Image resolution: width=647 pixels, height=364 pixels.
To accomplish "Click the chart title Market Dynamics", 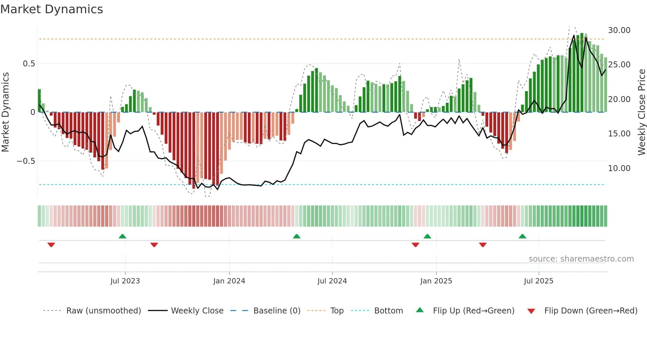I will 52,9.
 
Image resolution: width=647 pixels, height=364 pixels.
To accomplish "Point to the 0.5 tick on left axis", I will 29,63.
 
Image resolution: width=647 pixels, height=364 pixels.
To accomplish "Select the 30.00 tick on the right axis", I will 619,30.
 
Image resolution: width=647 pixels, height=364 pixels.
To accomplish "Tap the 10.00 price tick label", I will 619,168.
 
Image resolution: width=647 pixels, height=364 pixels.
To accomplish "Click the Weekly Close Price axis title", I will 641,112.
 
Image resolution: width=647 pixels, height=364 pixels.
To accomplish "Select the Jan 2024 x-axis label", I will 229,281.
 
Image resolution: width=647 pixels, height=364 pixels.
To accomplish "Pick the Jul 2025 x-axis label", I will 538,281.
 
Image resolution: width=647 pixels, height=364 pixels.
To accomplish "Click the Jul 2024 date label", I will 332,281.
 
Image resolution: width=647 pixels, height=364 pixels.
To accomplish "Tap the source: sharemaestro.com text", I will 581,259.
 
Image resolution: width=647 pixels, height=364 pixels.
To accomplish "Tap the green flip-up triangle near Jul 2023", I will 122,237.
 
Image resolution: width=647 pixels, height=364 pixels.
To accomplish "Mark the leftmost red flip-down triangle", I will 51,245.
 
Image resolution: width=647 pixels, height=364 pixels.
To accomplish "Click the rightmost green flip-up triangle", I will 522,237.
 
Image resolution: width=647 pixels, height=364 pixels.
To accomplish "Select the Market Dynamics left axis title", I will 6,112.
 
